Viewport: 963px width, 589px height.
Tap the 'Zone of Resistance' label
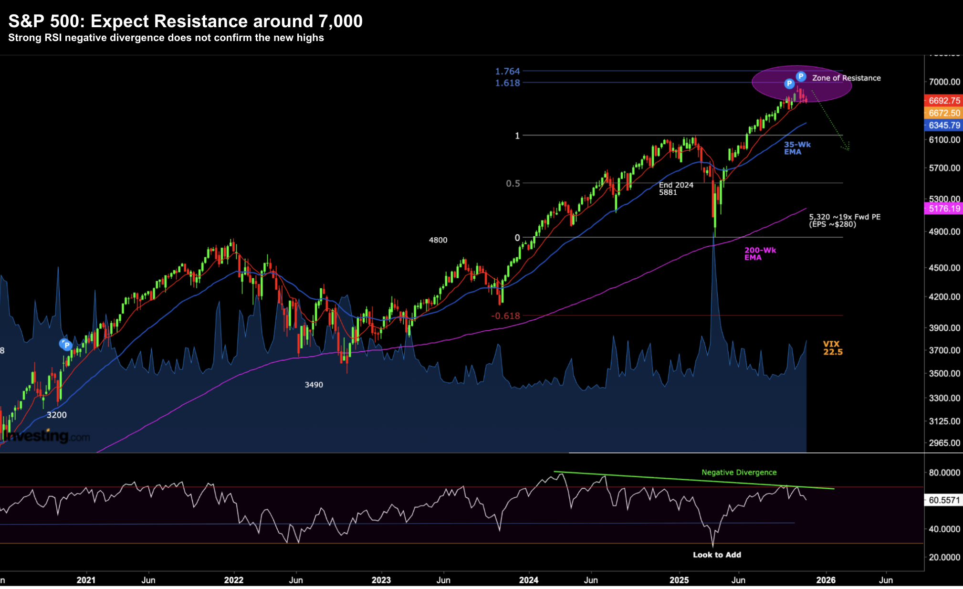[x=846, y=78]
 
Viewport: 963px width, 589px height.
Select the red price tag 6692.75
[x=944, y=101]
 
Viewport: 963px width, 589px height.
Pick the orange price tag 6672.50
[x=944, y=113]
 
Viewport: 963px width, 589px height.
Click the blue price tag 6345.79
[x=944, y=126]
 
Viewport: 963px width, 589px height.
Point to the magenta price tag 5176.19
[x=944, y=209]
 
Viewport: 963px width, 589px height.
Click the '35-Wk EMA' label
[x=797, y=148]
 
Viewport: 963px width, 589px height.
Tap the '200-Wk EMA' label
[x=760, y=254]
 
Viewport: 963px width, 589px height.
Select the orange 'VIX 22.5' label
[x=833, y=348]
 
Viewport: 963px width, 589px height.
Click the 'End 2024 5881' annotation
[x=676, y=189]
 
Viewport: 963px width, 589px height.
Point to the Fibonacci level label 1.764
[x=507, y=72]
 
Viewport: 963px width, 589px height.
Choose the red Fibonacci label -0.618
[x=505, y=316]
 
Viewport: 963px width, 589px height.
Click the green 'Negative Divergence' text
[x=739, y=473]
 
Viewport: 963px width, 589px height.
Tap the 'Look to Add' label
[x=717, y=555]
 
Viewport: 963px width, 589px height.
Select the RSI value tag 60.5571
[x=944, y=500]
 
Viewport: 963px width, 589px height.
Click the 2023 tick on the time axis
[x=381, y=580]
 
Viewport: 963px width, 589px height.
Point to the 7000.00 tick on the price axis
[x=944, y=82]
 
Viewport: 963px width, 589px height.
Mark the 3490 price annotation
[x=314, y=385]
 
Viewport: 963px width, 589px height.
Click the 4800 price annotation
[x=438, y=240]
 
